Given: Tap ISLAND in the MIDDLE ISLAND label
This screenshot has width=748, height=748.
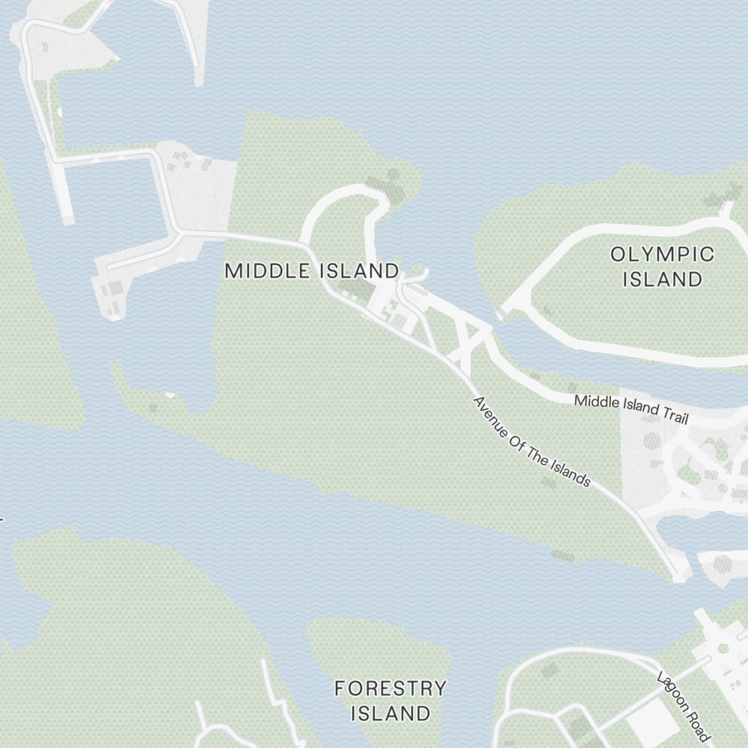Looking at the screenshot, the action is [x=359, y=271].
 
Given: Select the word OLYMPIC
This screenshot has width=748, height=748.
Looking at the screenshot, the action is [x=662, y=254].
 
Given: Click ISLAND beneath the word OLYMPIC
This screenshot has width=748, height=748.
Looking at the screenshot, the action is [x=662, y=280].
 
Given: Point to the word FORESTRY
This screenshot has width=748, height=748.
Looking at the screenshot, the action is [x=390, y=688].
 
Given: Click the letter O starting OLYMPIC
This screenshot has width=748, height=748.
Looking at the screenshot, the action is [x=618, y=254].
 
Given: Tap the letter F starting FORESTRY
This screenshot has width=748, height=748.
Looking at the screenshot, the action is [x=340, y=688].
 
